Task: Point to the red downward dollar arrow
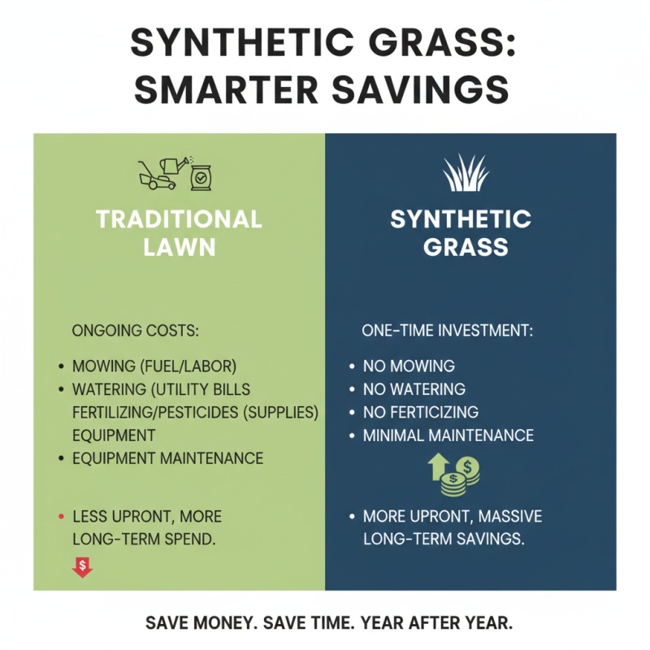[x=82, y=566]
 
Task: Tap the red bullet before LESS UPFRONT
[x=61, y=516]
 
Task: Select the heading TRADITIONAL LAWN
[x=179, y=232]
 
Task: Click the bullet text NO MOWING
[x=409, y=366]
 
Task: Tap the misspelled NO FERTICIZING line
[x=420, y=412]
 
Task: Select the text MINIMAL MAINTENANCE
[x=448, y=435]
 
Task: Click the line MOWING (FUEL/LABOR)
[x=159, y=366]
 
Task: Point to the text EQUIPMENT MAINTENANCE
[x=167, y=458]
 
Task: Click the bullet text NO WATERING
[x=414, y=389]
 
